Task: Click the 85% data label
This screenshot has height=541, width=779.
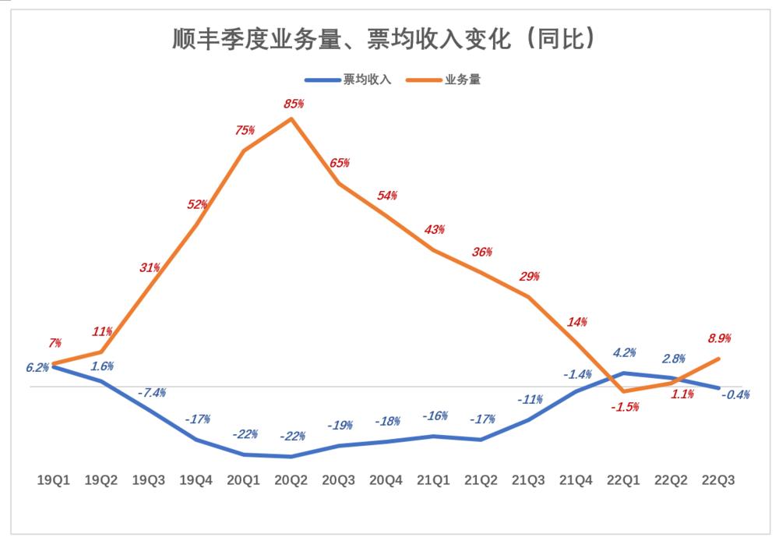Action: coord(293,103)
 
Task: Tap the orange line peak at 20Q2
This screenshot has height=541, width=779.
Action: coord(291,118)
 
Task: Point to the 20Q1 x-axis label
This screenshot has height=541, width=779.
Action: coord(244,482)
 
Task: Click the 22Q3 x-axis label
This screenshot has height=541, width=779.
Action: coord(719,482)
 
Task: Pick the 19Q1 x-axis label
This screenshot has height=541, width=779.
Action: coord(54,482)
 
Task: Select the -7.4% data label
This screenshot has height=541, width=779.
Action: coord(151,393)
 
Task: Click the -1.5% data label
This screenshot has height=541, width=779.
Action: coord(625,407)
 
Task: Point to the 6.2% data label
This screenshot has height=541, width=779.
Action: coord(37,367)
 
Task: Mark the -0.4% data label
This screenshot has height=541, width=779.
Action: coord(735,394)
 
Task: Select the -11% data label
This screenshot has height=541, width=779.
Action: coord(530,400)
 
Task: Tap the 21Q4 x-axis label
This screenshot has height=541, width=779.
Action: coord(576,482)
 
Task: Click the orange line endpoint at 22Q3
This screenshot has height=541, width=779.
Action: coord(718,359)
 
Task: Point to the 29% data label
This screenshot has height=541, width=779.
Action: coord(530,277)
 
